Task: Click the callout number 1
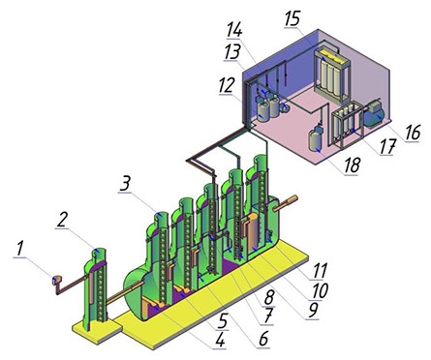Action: pos(19,250)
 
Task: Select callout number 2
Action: pos(62,221)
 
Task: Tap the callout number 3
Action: pos(125,184)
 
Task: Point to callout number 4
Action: pos(220,341)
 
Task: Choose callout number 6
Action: pos(263,340)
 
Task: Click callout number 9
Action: pos(313,311)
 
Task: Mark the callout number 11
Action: pos(320,270)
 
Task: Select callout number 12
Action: pos(226,86)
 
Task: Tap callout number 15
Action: pos(292,19)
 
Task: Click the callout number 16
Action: pos(413,133)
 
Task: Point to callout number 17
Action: pos(387,147)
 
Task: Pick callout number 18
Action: pos(352,166)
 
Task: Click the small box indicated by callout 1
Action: pos(57,280)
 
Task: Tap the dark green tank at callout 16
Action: pos(374,114)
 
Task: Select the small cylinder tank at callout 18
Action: pos(316,138)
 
